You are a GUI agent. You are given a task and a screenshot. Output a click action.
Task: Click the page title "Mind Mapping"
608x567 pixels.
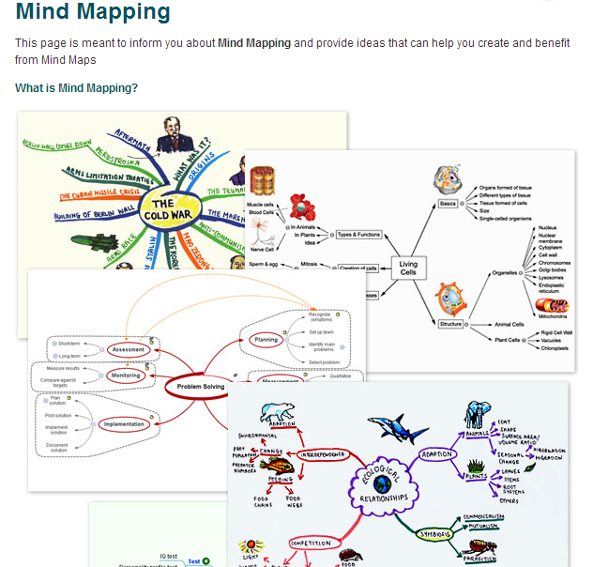pos(93,13)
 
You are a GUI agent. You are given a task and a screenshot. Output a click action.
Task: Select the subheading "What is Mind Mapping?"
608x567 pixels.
pos(76,88)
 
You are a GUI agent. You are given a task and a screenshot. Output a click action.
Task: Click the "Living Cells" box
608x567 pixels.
pos(408,267)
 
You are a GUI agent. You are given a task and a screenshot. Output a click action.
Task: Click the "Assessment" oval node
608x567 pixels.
pos(127,349)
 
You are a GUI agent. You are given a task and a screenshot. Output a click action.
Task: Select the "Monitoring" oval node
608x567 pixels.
pos(125,375)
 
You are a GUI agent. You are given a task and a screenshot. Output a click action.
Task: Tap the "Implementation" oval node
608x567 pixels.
pos(124,424)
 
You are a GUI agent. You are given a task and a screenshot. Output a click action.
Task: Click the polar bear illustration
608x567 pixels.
pos(279,414)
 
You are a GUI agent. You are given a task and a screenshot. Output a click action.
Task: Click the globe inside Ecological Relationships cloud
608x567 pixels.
pos(382,484)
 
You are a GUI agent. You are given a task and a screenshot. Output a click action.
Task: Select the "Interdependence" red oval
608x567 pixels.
pos(322,454)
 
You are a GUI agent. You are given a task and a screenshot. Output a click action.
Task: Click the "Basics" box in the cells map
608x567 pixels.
pos(448,204)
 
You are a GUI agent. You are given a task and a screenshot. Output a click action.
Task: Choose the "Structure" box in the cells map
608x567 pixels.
pos(450,324)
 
